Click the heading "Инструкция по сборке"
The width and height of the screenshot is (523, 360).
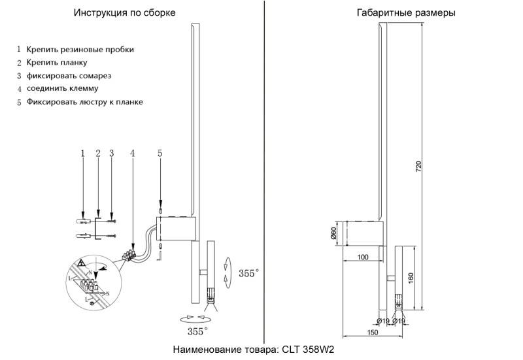pyautogui.click(x=124, y=13)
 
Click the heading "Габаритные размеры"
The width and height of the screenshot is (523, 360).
pyautogui.click(x=406, y=13)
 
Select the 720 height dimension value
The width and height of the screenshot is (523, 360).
pyautogui.click(x=419, y=167)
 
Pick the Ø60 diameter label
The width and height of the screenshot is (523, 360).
pyautogui.click(x=334, y=232)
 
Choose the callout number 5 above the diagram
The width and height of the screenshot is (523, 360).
pyautogui.click(x=160, y=153)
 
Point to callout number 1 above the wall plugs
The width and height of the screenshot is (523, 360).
pyautogui.click(x=83, y=153)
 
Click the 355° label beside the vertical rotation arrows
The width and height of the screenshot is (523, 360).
pyautogui.click(x=248, y=272)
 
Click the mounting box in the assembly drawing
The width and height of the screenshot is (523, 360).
pyautogui.click(x=177, y=229)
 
